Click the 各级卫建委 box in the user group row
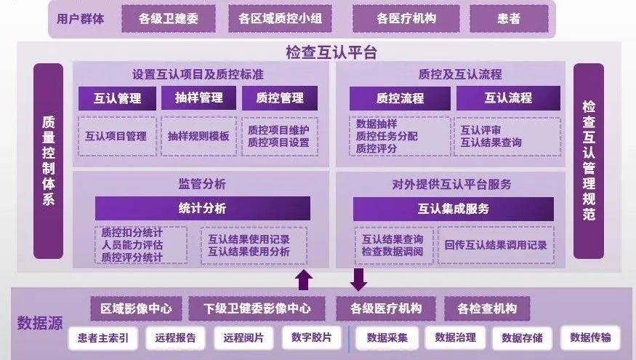(169, 19)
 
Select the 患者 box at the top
(509, 19)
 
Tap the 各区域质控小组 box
(281, 19)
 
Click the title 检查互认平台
(331, 52)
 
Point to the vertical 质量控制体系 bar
(48, 161)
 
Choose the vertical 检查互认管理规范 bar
(589, 161)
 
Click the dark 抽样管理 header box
(198, 97)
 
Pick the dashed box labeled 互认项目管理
(117, 137)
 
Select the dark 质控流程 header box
(400, 98)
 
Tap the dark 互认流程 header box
(508, 98)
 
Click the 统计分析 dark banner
(203, 209)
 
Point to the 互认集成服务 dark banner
(454, 209)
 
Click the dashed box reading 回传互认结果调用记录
(496, 245)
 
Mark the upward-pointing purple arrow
(304, 280)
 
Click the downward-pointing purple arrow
(358, 280)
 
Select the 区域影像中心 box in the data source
(137, 309)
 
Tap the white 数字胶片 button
(312, 337)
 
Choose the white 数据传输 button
(590, 337)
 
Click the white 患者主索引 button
(103, 338)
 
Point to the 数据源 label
(40, 323)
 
